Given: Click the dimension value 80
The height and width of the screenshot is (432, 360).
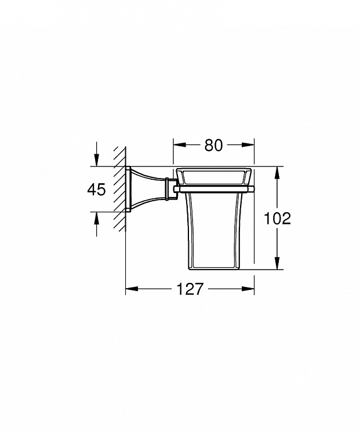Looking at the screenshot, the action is [213, 145].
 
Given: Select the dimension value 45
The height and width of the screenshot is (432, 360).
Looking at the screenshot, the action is [96, 190].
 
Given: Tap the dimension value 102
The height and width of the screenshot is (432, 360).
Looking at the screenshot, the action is [277, 219].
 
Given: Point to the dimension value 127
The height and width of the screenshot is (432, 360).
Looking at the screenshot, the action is [190, 289].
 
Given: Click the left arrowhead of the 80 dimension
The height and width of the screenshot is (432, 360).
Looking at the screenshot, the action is [179, 145].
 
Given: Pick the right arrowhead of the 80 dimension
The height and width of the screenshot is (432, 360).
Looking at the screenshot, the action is [248, 145].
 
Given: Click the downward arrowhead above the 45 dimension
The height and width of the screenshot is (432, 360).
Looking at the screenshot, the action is [96, 160].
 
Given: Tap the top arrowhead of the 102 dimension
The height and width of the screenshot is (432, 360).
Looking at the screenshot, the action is [277, 173].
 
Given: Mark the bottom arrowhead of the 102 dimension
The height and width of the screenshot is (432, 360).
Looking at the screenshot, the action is [277, 263].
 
